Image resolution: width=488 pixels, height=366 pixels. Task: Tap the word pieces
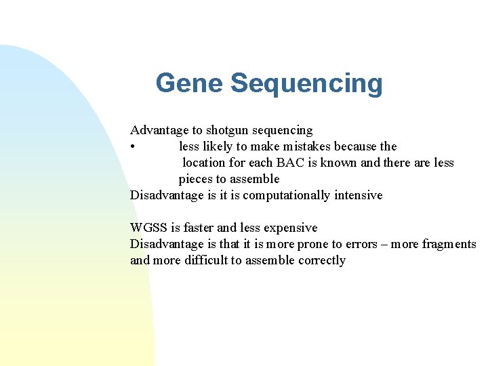point(196,180)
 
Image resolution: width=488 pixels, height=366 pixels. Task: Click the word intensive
point(357,195)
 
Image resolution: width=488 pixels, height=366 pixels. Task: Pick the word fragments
point(449,245)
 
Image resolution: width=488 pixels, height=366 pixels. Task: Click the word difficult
point(206,261)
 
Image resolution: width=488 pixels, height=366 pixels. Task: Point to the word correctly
point(321,261)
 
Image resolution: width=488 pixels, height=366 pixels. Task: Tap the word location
point(206,163)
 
